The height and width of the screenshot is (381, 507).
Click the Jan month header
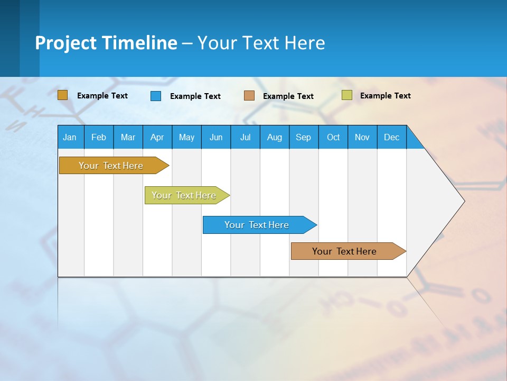(x=70, y=137)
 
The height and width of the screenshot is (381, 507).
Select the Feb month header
(x=99, y=137)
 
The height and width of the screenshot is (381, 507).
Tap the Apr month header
(x=157, y=137)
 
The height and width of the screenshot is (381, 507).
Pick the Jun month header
(x=215, y=137)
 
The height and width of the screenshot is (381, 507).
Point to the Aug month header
(x=274, y=137)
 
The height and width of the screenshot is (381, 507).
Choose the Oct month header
(x=333, y=137)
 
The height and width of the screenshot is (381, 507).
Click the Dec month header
(x=391, y=137)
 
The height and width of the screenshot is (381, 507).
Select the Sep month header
(x=303, y=137)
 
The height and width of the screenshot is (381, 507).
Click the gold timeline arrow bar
(x=111, y=166)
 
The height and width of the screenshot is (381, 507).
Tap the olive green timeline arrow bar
(x=184, y=195)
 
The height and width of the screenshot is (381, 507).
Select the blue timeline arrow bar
(x=257, y=225)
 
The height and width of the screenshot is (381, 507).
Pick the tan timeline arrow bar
(x=344, y=251)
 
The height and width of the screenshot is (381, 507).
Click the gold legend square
(x=62, y=95)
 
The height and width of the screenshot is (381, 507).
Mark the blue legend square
(x=155, y=96)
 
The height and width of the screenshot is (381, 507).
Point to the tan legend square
(x=249, y=96)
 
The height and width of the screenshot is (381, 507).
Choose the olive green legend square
(x=346, y=95)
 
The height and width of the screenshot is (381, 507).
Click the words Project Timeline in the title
(x=106, y=43)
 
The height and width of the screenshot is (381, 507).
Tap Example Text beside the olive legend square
(x=385, y=96)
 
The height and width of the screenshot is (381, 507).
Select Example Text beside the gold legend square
(x=102, y=96)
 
